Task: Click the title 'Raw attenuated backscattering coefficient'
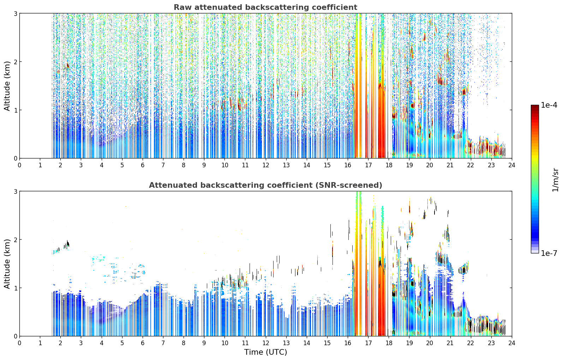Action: (265, 7)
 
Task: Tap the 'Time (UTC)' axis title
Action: (265, 352)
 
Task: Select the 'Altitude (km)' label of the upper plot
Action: (7, 86)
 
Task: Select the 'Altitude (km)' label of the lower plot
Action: (7, 264)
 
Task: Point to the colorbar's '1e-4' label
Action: (549, 105)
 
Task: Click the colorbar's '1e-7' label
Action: (549, 253)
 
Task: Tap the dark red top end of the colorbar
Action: (535, 106)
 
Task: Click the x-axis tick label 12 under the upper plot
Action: (266, 165)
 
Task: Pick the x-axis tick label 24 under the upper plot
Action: (512, 165)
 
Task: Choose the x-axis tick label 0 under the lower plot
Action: (20, 343)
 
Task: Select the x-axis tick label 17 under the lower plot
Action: (368, 343)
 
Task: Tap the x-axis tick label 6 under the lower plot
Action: (143, 343)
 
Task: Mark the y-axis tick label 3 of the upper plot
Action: (15, 13)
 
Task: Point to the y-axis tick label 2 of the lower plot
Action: (15, 240)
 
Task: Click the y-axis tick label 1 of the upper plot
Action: (15, 110)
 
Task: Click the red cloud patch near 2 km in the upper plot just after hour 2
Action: (67, 67)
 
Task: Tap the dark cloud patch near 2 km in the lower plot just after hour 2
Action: (67, 244)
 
